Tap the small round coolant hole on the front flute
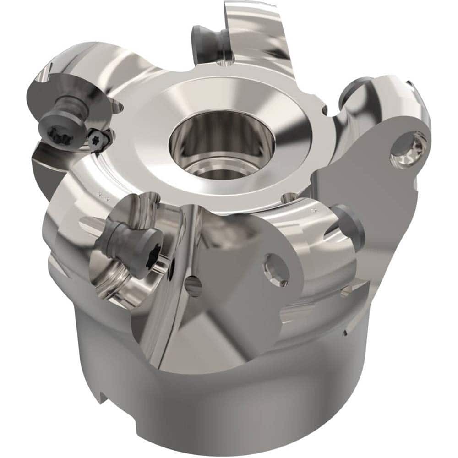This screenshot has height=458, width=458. pos(194,286)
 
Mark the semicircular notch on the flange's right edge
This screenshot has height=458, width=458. pos(325,110)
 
